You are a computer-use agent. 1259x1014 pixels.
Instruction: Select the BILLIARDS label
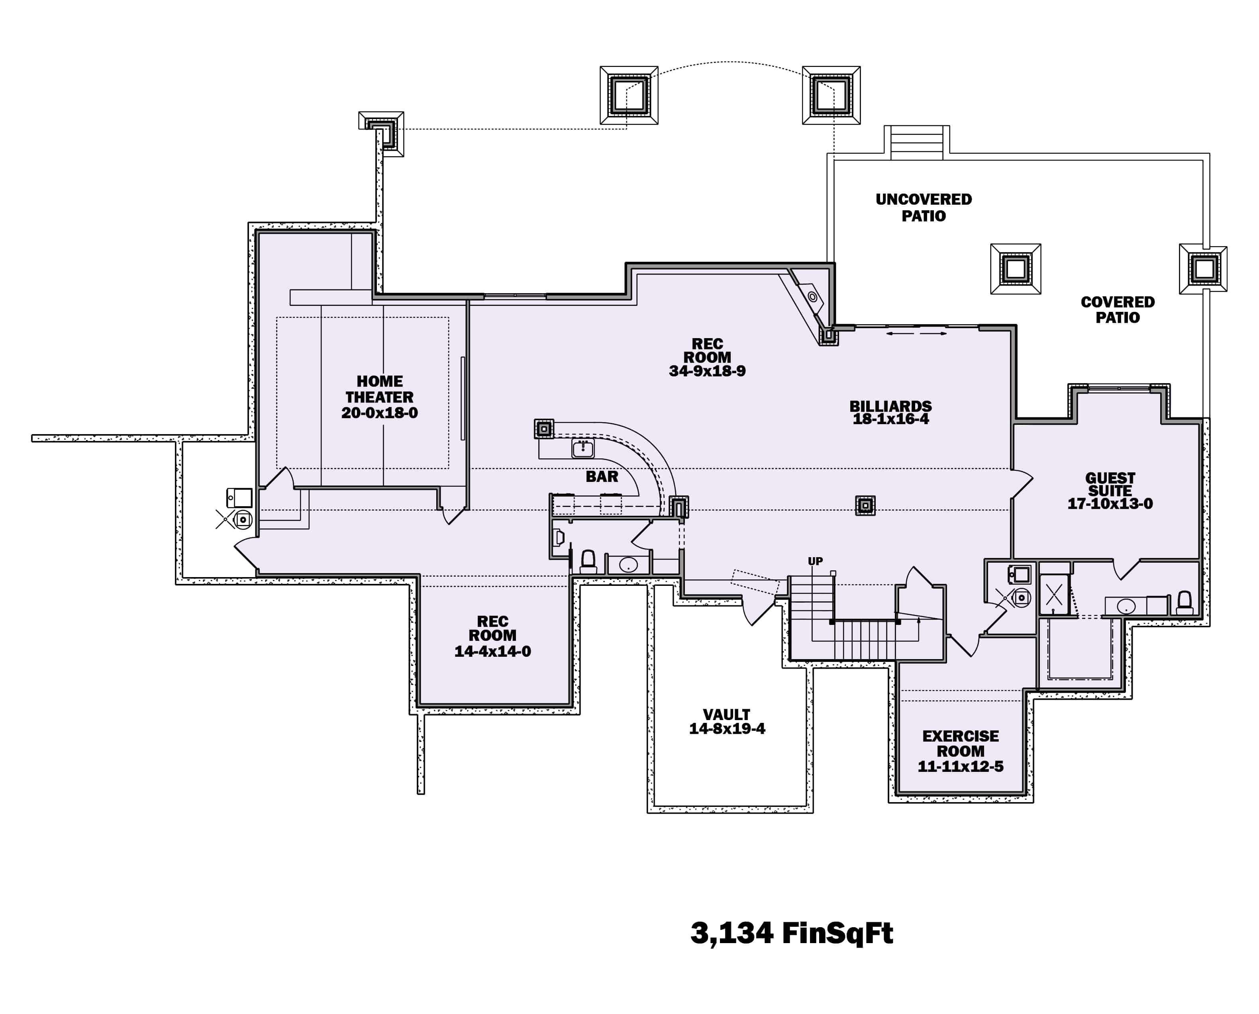pyautogui.click(x=890, y=406)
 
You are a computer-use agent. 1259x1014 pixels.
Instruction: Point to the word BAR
pyautogui.click(x=602, y=477)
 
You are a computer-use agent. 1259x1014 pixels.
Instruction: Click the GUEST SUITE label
pyautogui.click(x=1110, y=484)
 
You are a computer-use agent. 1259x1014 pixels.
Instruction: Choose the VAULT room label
pyautogui.click(x=726, y=715)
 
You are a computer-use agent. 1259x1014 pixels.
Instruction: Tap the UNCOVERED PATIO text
pyautogui.click(x=923, y=207)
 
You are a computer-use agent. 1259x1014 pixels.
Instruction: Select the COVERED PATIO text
pyautogui.click(x=1117, y=309)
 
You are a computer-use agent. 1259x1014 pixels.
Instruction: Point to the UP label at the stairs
pyautogui.click(x=815, y=561)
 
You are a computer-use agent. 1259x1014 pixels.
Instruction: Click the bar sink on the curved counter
pyautogui.click(x=582, y=448)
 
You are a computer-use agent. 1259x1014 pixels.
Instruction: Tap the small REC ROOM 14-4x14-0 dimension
pyautogui.click(x=492, y=651)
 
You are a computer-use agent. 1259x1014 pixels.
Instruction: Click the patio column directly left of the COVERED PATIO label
pyautogui.click(x=1016, y=269)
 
